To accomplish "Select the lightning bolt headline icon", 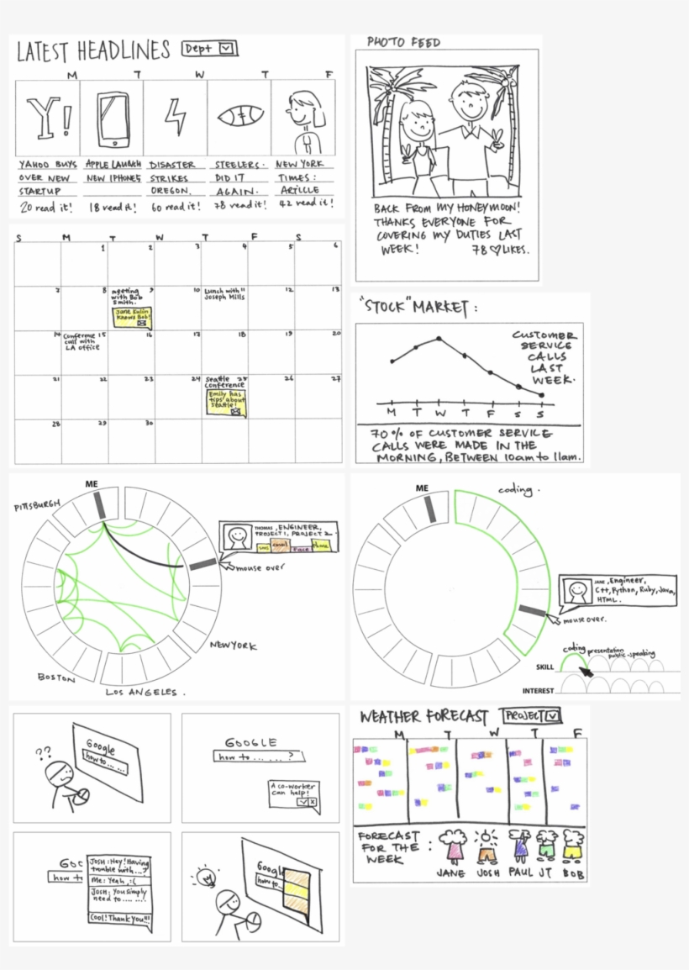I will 176,118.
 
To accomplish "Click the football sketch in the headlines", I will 239,119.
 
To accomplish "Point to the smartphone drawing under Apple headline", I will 113,118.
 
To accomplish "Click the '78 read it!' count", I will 239,204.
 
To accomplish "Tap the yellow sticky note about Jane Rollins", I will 131,317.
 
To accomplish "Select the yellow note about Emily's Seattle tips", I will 225,403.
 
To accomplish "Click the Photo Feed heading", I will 403,42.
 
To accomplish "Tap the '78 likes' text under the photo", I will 502,250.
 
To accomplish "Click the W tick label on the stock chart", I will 439,413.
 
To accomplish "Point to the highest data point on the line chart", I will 439,339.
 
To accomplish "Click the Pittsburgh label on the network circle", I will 37,507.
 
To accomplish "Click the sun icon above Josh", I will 486,838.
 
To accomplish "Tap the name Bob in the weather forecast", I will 574,872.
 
